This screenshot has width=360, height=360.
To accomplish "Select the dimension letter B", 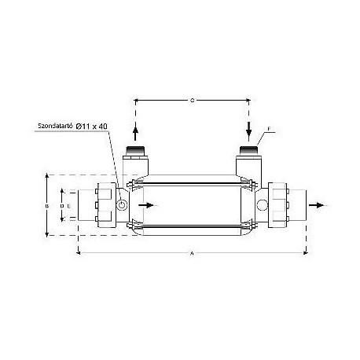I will (47, 204).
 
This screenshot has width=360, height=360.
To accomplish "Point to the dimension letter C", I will (193, 100).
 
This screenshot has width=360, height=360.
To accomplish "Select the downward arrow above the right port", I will (248, 129).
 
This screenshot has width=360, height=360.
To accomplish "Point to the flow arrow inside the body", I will (146, 205).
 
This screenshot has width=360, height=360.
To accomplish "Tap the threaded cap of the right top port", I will (248, 149).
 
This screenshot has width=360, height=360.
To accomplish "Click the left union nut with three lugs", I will (103, 205).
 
